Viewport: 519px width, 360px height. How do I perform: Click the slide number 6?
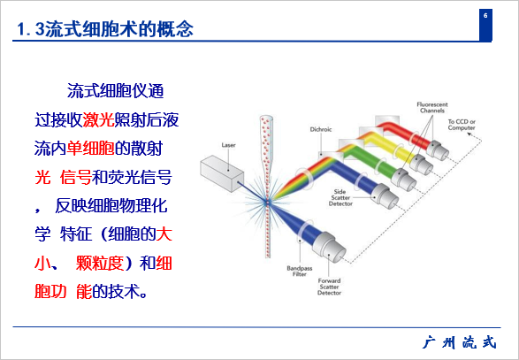[485, 16]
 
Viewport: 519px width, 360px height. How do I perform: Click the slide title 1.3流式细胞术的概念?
[105, 29]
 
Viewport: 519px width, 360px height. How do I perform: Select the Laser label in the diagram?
[228, 145]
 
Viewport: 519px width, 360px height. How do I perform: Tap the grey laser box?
[222, 172]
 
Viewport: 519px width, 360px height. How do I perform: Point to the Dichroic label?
[321, 129]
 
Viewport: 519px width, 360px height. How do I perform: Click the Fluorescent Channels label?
[432, 108]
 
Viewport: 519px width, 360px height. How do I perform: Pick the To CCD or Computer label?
[462, 125]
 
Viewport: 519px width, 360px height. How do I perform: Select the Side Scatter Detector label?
[340, 198]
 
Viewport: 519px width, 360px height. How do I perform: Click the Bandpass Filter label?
[299, 271]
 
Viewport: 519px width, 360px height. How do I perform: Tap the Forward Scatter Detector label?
[329, 287]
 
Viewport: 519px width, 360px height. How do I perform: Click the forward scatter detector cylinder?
[329, 247]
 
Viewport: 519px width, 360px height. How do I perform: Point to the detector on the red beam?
[438, 150]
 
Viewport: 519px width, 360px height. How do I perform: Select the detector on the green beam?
[404, 180]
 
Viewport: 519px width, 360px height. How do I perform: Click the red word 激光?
[98, 120]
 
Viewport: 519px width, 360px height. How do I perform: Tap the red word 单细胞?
[91, 149]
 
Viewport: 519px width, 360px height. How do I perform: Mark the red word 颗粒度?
[100, 264]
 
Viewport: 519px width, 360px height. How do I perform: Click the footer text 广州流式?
[460, 342]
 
